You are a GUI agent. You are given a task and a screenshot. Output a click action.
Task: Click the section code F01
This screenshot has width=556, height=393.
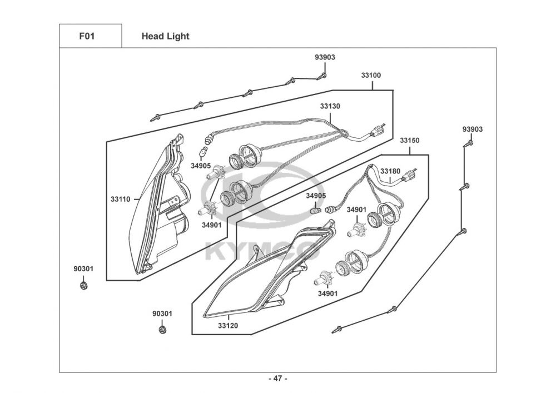[87, 36]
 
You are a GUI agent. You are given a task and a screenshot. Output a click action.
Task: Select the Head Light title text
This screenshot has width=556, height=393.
[165, 36]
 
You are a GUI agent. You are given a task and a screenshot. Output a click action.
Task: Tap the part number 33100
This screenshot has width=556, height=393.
[371, 75]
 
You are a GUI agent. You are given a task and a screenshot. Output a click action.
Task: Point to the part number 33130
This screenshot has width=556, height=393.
[330, 106]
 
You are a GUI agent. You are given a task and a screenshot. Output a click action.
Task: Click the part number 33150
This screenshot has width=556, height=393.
[410, 140]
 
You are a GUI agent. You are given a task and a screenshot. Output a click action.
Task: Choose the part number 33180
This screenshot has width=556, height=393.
[390, 171]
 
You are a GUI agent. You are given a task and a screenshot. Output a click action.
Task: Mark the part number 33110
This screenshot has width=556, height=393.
[121, 199]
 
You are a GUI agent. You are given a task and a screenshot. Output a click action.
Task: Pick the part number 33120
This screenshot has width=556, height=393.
[228, 325]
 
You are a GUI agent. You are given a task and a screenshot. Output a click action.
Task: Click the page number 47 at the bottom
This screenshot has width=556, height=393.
[278, 379]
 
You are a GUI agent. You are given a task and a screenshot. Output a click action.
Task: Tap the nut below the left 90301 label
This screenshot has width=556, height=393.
[84, 285]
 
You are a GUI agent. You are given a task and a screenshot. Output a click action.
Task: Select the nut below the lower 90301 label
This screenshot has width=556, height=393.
[163, 330]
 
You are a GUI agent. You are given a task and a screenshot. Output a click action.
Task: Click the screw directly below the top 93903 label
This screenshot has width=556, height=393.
[322, 76]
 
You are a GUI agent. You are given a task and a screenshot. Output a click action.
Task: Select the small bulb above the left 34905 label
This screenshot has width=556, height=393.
[204, 152]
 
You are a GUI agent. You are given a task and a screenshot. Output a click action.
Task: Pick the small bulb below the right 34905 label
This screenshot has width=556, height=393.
[315, 211]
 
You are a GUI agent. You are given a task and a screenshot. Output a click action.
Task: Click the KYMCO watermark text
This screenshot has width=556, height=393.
[262, 250]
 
